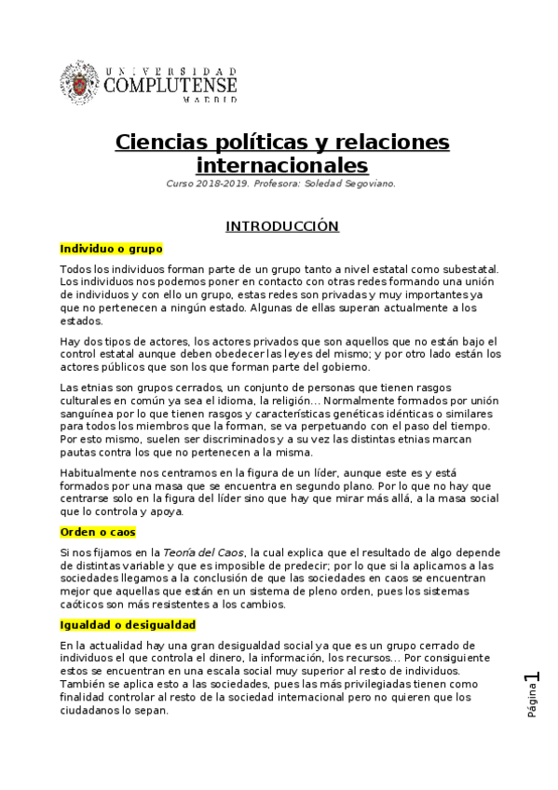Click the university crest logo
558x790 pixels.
81,83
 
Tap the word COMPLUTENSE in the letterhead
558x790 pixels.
170,86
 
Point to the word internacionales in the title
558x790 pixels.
282,166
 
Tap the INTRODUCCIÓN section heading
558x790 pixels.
282,226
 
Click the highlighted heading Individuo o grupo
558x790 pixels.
111,249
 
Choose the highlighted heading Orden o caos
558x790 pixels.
98,532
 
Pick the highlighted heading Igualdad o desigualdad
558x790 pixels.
128,624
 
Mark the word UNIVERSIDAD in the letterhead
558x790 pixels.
171,70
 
